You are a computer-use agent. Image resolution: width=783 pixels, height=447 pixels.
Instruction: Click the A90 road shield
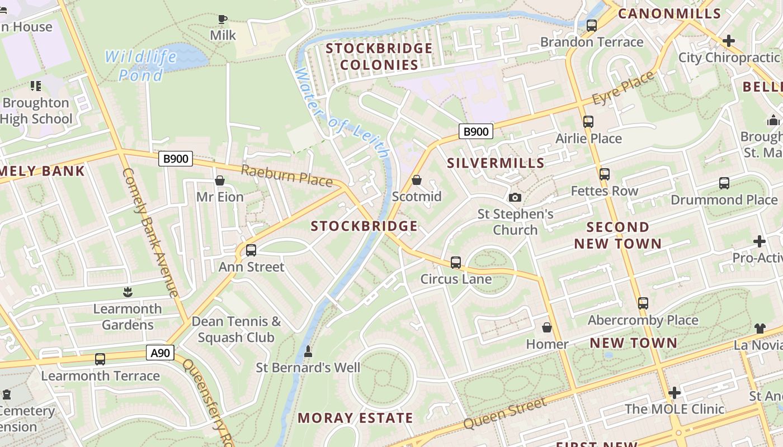click(x=160, y=353)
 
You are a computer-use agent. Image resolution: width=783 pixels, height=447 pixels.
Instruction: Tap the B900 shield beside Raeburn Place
click(x=175, y=159)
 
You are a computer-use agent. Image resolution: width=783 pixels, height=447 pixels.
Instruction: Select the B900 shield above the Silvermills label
click(x=476, y=132)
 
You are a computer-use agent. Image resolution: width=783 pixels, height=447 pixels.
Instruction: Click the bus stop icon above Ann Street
click(x=251, y=250)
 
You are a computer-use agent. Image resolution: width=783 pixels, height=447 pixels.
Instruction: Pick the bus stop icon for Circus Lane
click(x=456, y=263)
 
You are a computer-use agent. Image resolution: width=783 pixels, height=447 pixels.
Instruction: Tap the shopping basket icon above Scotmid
click(x=416, y=180)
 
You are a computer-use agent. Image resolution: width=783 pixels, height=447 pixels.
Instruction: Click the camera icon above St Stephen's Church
click(x=515, y=197)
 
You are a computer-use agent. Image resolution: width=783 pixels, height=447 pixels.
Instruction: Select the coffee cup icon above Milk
click(x=223, y=20)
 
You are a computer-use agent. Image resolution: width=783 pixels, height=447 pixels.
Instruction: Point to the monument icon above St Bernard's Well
click(x=308, y=351)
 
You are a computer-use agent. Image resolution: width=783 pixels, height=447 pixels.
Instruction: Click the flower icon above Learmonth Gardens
click(x=128, y=292)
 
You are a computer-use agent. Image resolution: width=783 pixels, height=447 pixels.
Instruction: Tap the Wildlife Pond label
click(x=140, y=65)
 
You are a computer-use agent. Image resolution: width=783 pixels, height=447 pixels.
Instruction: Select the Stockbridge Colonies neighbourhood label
click(x=379, y=56)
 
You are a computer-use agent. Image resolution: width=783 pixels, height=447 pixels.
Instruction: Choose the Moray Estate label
click(x=355, y=418)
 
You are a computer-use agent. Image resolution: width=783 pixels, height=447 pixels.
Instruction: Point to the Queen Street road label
click(x=505, y=413)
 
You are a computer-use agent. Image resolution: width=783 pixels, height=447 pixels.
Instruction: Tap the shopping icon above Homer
click(x=547, y=327)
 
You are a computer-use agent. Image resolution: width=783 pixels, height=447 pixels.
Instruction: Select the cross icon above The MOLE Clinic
click(x=674, y=393)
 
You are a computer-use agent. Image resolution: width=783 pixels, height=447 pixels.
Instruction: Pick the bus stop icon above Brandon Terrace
click(x=591, y=26)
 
